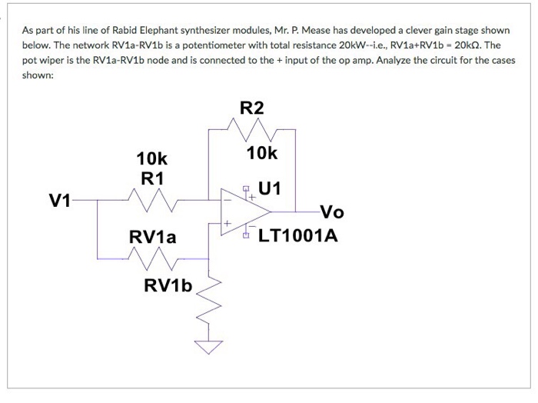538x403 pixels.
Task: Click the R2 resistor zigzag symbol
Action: pyautogui.click(x=251, y=130)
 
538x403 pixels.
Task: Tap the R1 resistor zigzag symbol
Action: pyautogui.click(x=153, y=200)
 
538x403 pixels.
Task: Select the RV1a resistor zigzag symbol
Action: pyautogui.click(x=153, y=258)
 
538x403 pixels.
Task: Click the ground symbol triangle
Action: pyautogui.click(x=208, y=347)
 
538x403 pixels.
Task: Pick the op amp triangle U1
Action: pyautogui.click(x=245, y=211)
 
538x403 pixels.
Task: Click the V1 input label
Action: pyautogui.click(x=60, y=201)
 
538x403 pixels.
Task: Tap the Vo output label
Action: pyautogui.click(x=332, y=211)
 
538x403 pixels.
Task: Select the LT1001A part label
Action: pyautogui.click(x=298, y=235)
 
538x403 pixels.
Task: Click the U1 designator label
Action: pyautogui.click(x=269, y=188)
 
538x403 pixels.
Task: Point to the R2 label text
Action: pyautogui.click(x=252, y=108)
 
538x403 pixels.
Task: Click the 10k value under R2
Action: pyautogui.click(x=262, y=153)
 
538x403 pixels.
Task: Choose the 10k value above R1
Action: pyautogui.click(x=151, y=158)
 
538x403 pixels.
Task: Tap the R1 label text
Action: pyautogui.click(x=152, y=178)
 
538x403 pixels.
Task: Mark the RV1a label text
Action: pyautogui.click(x=153, y=237)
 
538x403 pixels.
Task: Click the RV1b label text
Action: pyautogui.click(x=168, y=285)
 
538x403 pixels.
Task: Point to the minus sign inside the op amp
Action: pyautogui.click(x=227, y=200)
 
